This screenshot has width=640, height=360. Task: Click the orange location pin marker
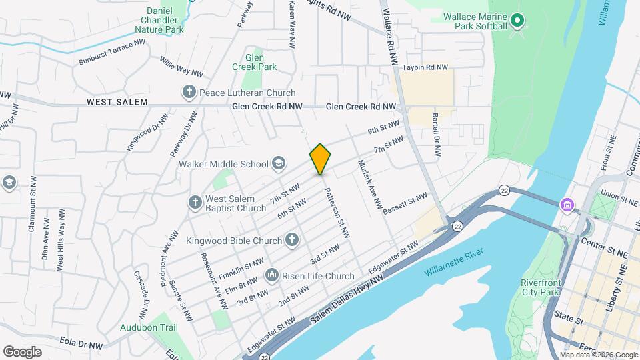pos(321,159)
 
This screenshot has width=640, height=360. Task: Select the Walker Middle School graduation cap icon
pos(278,163)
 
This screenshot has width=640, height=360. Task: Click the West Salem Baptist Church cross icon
pos(195,202)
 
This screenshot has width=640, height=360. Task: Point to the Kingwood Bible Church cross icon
pos(291,239)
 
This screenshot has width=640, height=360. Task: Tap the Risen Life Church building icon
pos(271,275)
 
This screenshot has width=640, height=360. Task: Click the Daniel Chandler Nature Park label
pos(159,20)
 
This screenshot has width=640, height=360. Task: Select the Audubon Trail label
pos(149,327)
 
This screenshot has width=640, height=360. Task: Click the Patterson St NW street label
pos(337,213)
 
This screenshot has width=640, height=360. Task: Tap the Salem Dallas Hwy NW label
pos(347,305)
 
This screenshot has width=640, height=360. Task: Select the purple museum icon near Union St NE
pos(567,204)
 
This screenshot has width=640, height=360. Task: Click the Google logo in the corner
pos(22,351)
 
